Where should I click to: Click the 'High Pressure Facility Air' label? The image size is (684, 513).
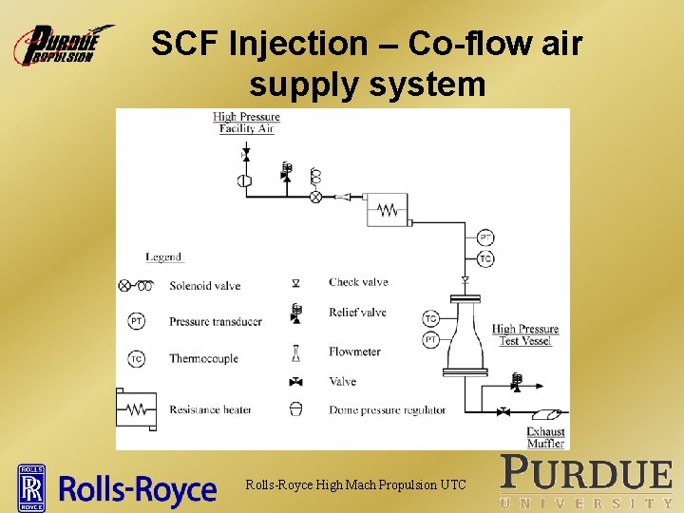pyautogui.click(x=246, y=123)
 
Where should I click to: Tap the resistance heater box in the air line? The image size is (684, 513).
pyautogui.click(x=387, y=210)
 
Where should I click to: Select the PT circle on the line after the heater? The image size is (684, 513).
pyautogui.click(x=485, y=238)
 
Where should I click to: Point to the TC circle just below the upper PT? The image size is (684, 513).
pyautogui.click(x=485, y=258)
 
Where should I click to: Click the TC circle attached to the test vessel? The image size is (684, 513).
pyautogui.click(x=430, y=319)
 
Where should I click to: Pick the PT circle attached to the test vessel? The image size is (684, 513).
pyautogui.click(x=430, y=339)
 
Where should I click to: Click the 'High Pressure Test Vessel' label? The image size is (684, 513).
pyautogui.click(x=525, y=334)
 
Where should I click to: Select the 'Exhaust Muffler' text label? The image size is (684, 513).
pyautogui.click(x=545, y=437)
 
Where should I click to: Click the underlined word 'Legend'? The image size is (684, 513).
pyautogui.click(x=163, y=256)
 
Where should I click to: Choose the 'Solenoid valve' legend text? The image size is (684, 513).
pyautogui.click(x=204, y=286)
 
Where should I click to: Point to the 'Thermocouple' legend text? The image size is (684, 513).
pyautogui.click(x=203, y=359)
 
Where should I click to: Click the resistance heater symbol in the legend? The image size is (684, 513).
pyautogui.click(x=136, y=409)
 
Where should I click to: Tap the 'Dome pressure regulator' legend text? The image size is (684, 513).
pyautogui.click(x=387, y=410)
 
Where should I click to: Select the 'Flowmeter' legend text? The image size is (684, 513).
pyautogui.click(x=354, y=351)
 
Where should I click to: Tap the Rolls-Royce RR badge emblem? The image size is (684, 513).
pyautogui.click(x=32, y=487)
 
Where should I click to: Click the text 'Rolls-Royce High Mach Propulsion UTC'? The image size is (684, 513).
pyautogui.click(x=356, y=485)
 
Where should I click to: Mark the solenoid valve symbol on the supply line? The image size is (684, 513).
pyautogui.click(x=315, y=197)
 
